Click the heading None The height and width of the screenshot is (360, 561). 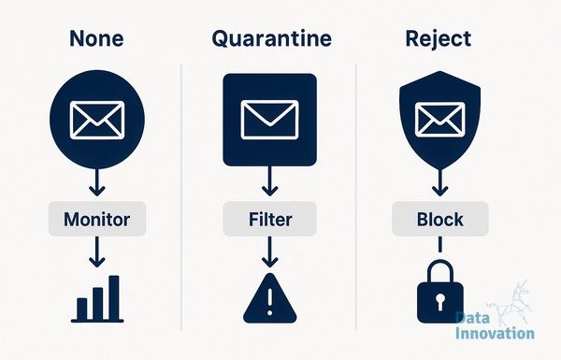pyautogui.click(x=96, y=38)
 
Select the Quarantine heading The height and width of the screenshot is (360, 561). pyautogui.click(x=271, y=39)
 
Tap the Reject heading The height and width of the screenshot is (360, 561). pyautogui.click(x=439, y=39)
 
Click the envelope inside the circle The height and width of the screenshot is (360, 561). pyautogui.click(x=97, y=120)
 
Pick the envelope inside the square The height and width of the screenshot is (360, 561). pyautogui.click(x=270, y=120)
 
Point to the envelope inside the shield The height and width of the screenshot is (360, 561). pyautogui.click(x=440, y=120)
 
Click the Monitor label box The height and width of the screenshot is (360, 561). pyautogui.click(x=97, y=219)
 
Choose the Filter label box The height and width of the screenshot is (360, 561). pyautogui.click(x=270, y=219)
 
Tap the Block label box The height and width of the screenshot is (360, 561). pyautogui.click(x=440, y=219)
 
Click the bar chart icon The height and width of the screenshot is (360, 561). pyautogui.click(x=97, y=299)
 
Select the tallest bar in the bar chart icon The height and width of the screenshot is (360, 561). pyautogui.click(x=114, y=297)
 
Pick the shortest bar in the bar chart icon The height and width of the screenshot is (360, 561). pyautogui.click(x=82, y=310)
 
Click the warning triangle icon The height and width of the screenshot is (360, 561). pyautogui.click(x=270, y=299)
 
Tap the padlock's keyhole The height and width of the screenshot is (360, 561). pyautogui.click(x=439, y=302)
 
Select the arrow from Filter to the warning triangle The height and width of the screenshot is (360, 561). pyautogui.click(x=270, y=252)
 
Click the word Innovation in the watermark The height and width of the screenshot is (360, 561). pyautogui.click(x=495, y=333)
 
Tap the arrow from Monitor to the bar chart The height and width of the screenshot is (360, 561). pyautogui.click(x=97, y=252)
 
